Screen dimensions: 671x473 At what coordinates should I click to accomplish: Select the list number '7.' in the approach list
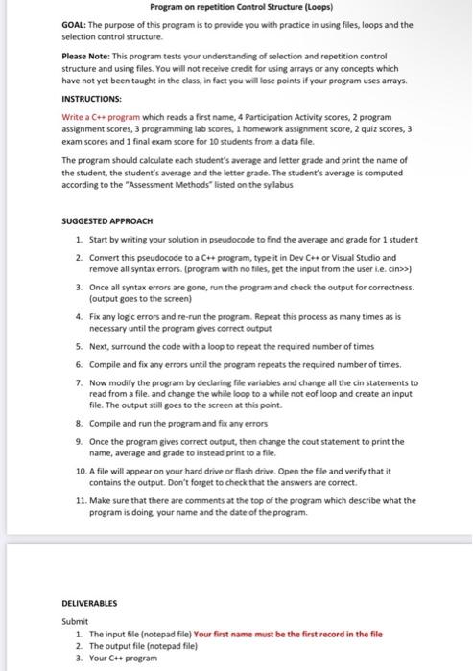[79, 382]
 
